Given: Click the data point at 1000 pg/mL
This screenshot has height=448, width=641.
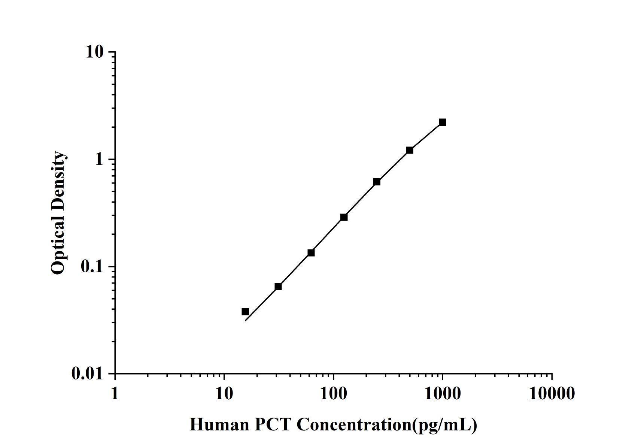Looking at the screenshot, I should tap(443, 122).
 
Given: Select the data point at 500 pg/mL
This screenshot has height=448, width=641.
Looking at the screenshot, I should tap(410, 150).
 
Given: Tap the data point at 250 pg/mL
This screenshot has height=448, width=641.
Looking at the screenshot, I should tap(377, 182).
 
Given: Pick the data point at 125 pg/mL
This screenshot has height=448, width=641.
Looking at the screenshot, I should tap(344, 217).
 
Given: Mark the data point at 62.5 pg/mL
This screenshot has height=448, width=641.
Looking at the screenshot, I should tap(311, 253).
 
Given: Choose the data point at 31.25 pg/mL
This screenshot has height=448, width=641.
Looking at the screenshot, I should tap(278, 287).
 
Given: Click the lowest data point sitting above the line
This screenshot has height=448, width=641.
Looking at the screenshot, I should tap(245, 312).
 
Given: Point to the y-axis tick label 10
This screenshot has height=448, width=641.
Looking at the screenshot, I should tap(94, 52).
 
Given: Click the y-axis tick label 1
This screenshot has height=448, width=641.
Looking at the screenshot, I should tap(99, 159).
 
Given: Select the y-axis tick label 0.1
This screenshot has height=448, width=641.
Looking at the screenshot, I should tap(91, 266).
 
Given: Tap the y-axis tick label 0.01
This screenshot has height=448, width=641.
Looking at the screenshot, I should tap(87, 373).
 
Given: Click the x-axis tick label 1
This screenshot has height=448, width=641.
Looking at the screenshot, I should tap(115, 394).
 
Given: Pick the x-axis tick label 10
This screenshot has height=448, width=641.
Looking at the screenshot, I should tap(224, 394).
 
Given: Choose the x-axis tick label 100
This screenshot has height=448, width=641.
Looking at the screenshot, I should tap(333, 394).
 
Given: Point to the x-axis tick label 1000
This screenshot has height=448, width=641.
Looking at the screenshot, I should tap(443, 394).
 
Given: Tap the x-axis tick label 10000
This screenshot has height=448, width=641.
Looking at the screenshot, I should tap(552, 394).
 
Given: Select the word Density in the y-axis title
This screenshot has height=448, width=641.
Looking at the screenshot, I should tap(58, 178).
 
